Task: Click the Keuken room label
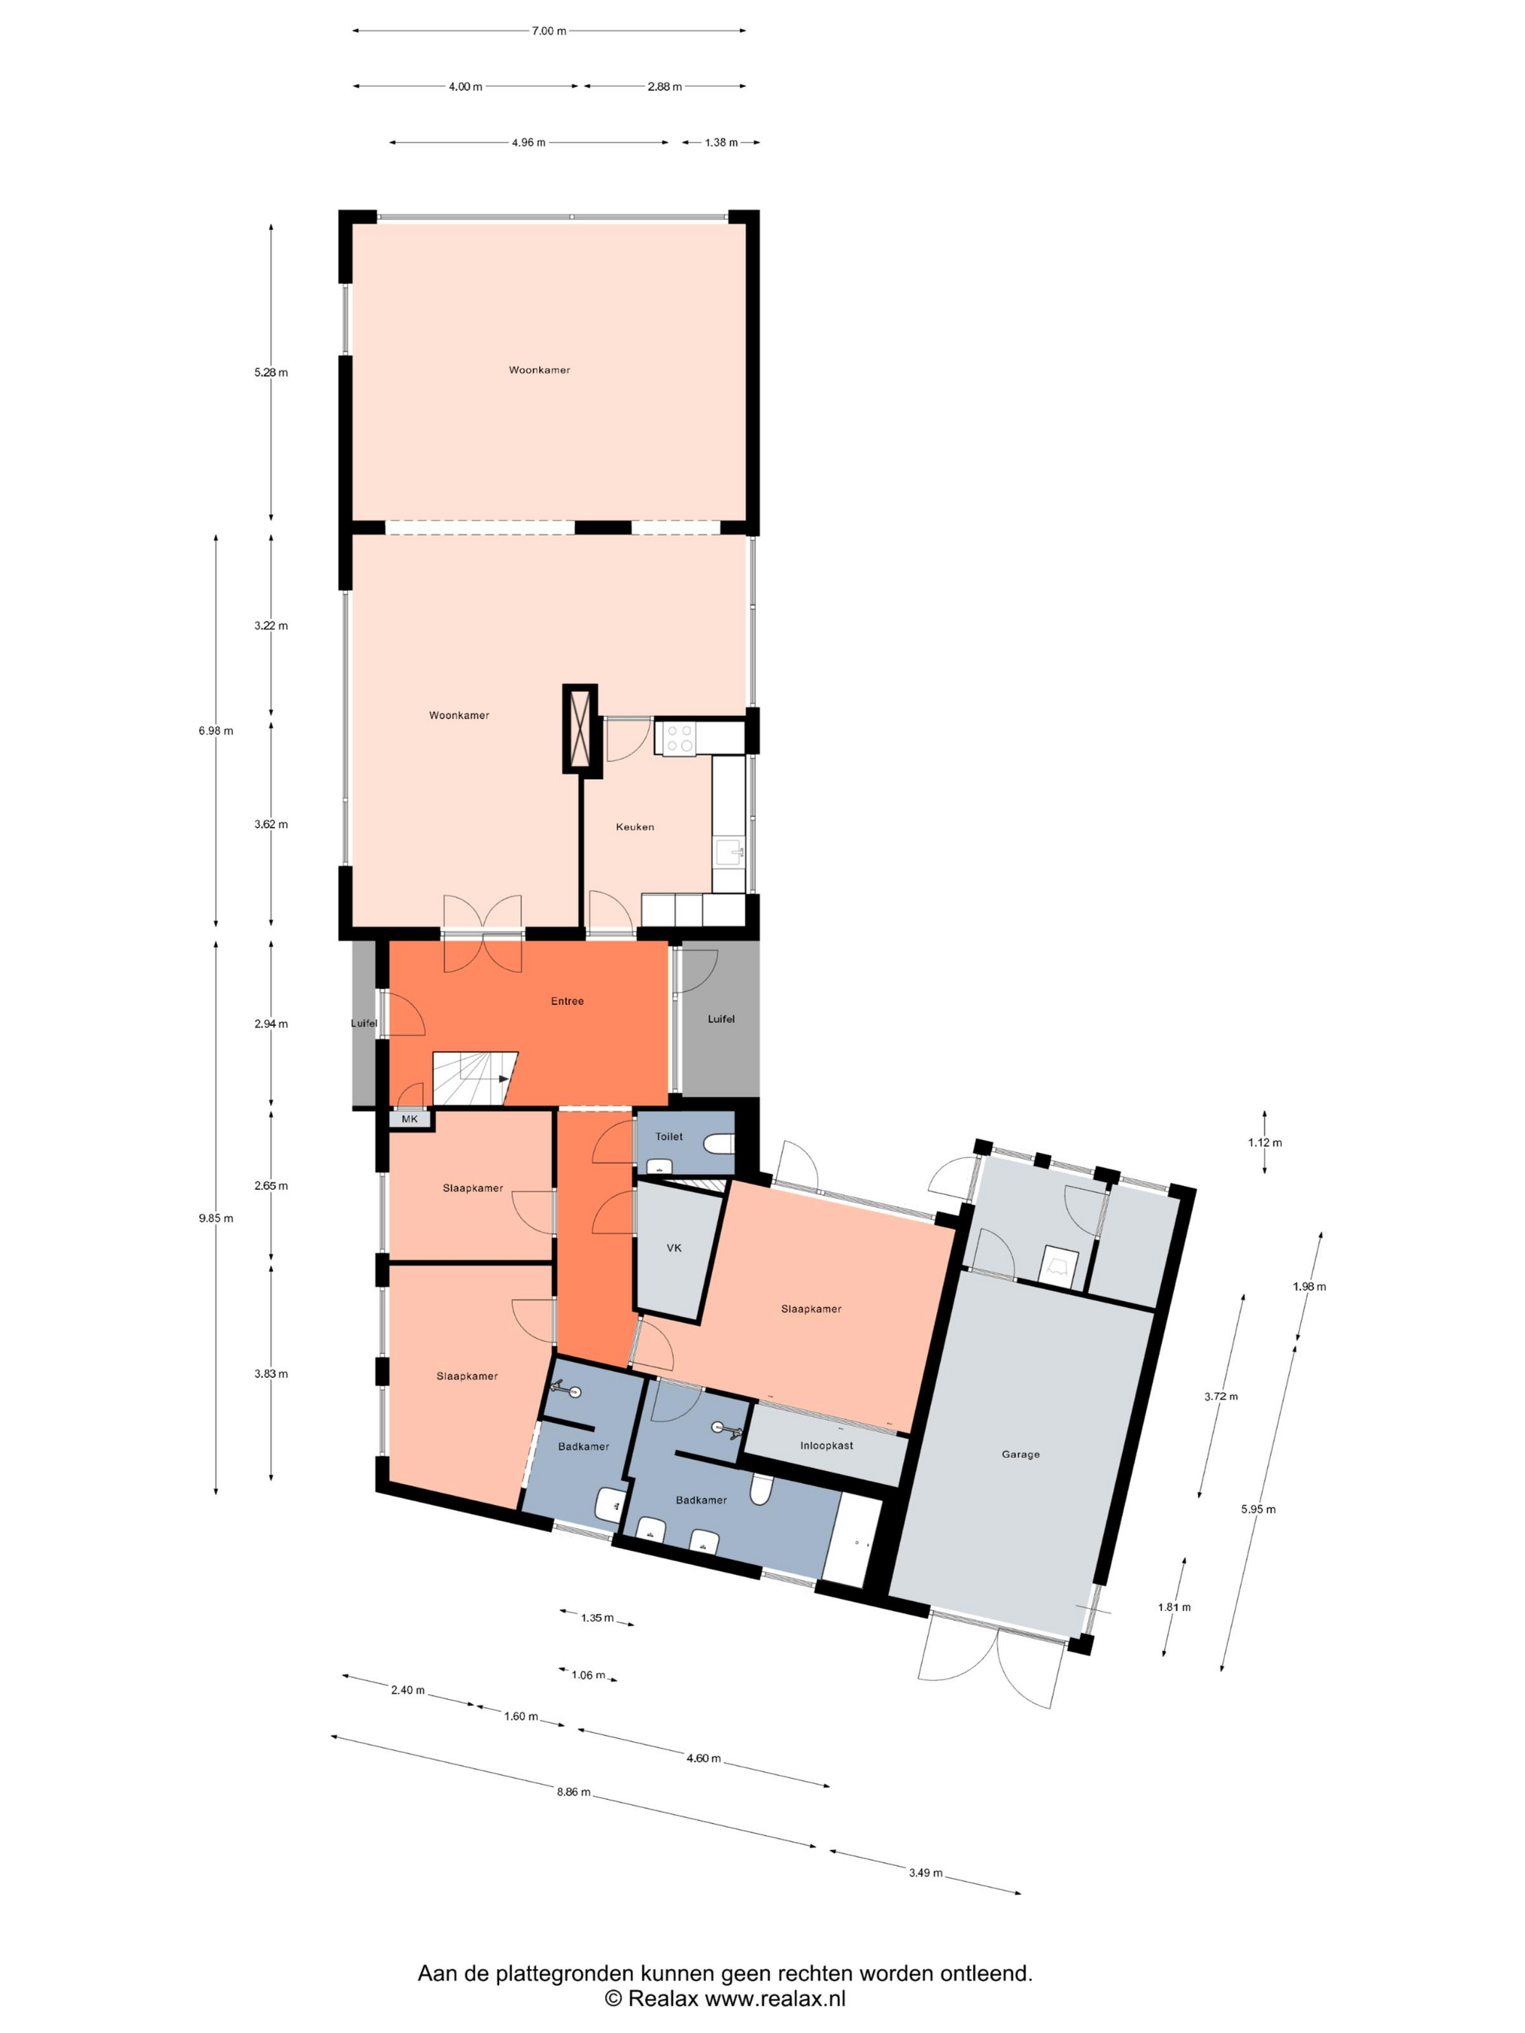coord(634,826)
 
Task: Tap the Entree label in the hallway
coord(567,1001)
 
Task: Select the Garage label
coord(1020,1454)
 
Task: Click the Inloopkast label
coord(826,1446)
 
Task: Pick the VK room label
coord(674,1247)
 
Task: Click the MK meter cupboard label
coord(409,1119)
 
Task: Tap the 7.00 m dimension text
coord(549,31)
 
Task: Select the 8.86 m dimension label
coord(574,1792)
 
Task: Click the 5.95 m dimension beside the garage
coord(1258,1509)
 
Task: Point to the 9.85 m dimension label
coord(216,1218)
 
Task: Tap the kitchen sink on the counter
coord(730,851)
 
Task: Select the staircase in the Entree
coord(474,1078)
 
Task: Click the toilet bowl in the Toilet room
coord(719,1144)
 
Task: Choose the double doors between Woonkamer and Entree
coord(483,934)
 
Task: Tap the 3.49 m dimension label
coord(924,1872)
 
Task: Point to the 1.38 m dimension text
coord(722,142)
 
